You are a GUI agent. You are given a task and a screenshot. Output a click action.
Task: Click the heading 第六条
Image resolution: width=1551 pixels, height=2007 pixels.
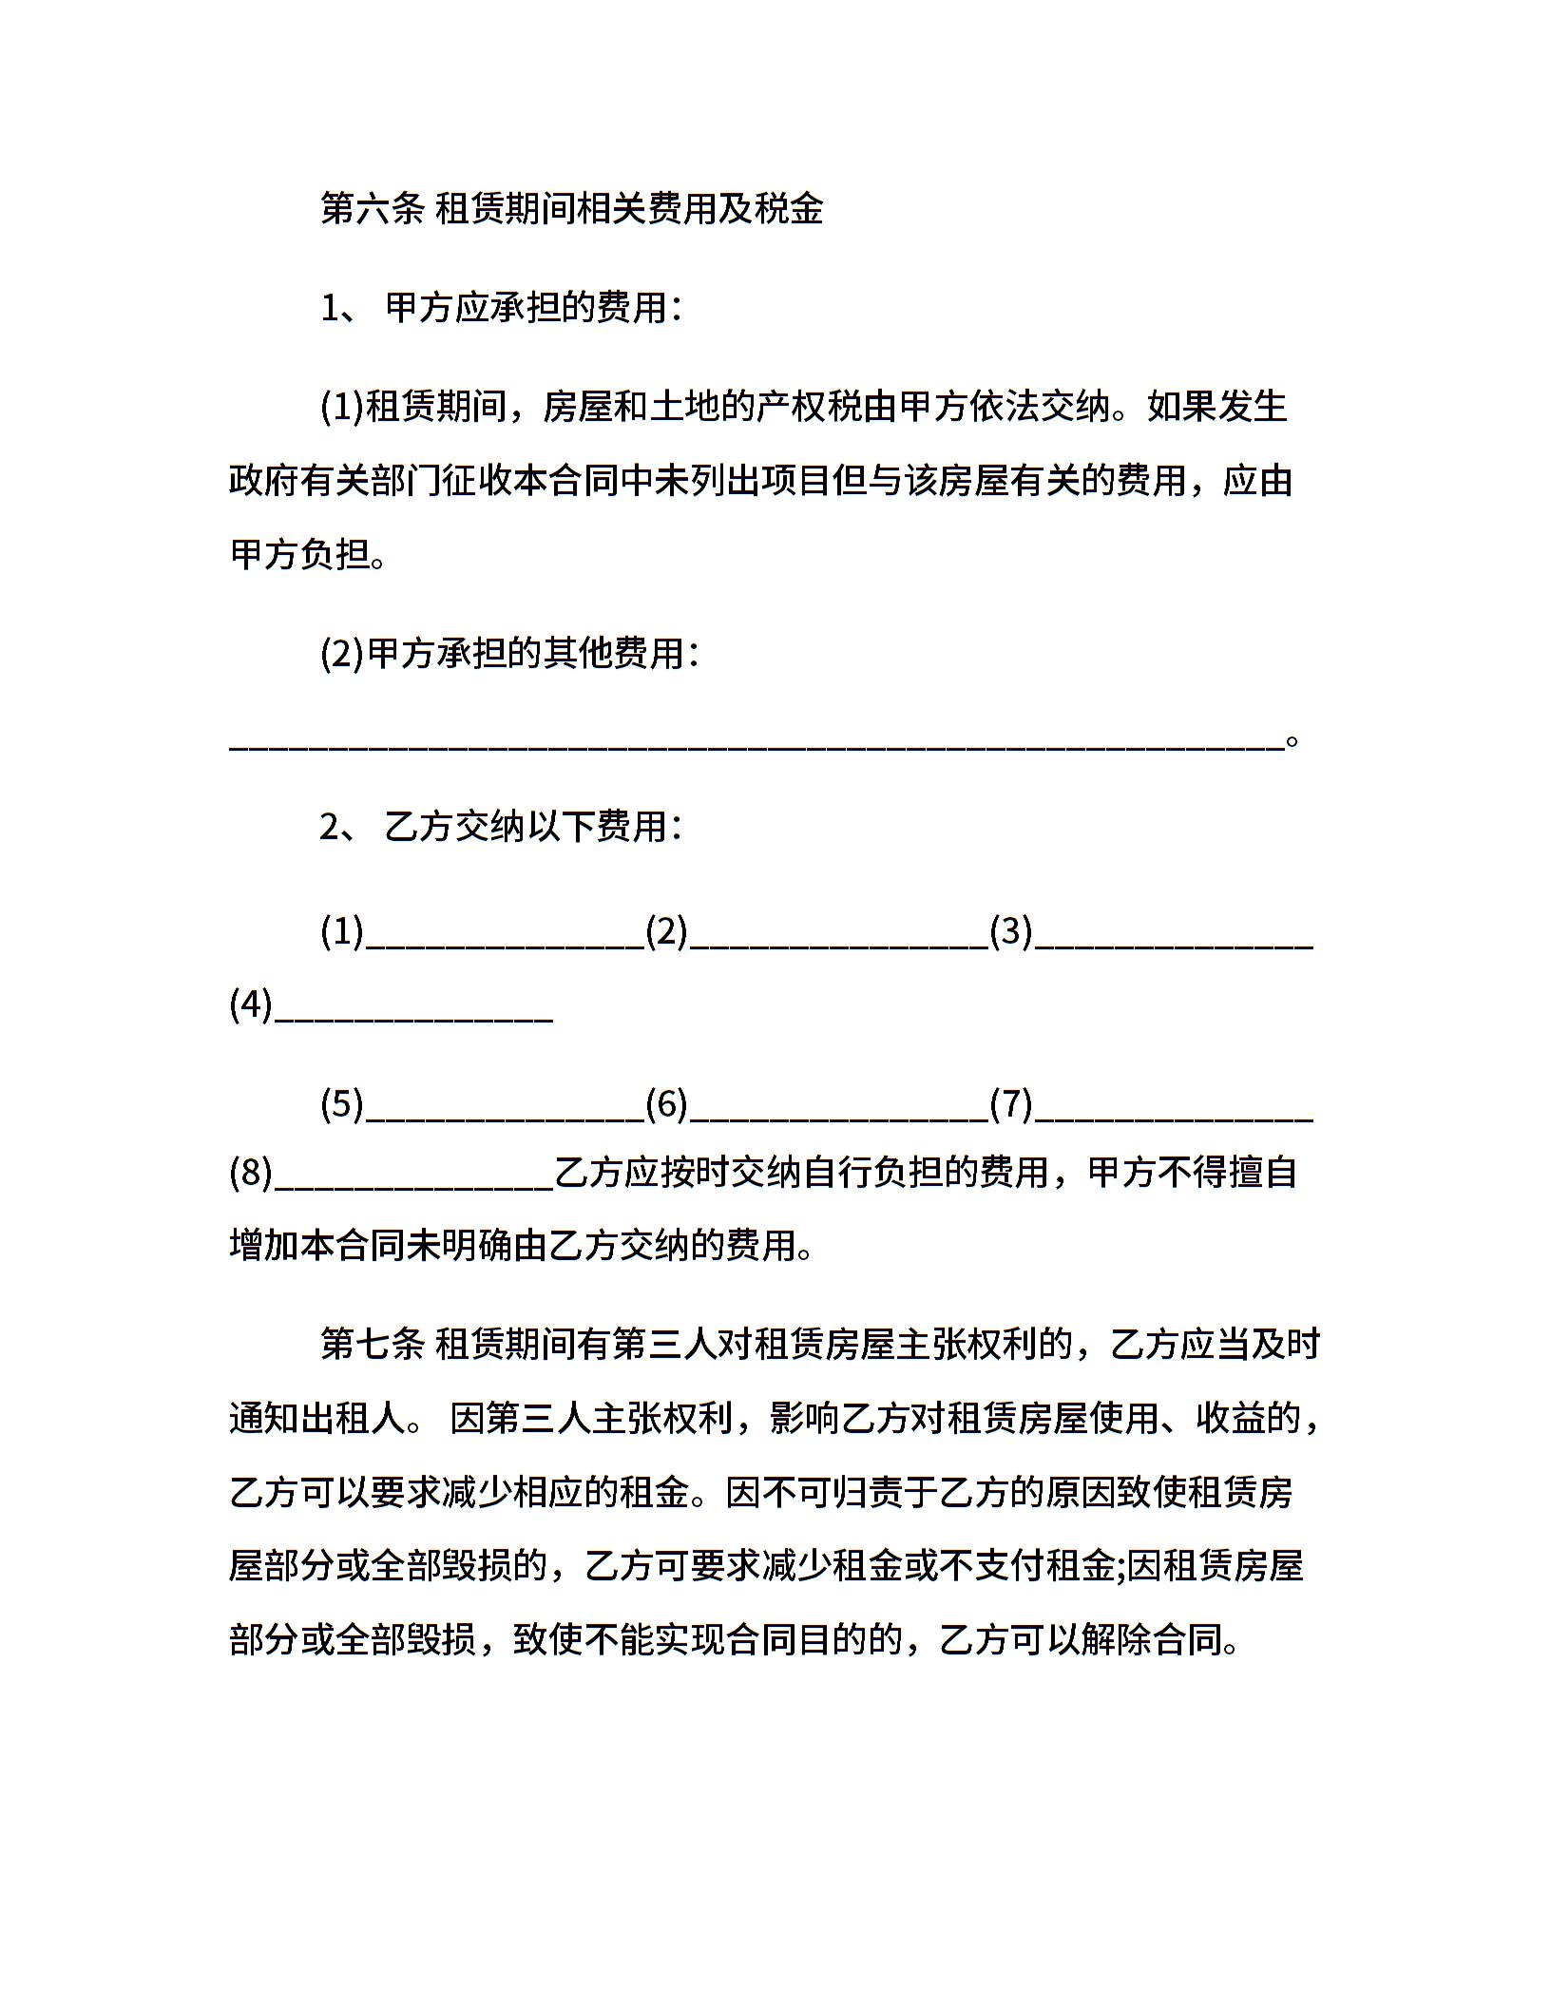372,209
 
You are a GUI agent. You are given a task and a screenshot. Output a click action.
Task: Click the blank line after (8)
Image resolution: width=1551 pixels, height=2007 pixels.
413,1186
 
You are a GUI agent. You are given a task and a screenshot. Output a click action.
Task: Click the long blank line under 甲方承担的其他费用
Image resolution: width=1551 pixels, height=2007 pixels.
756,747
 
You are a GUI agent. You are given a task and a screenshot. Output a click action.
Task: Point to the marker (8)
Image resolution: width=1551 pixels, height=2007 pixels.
251,1174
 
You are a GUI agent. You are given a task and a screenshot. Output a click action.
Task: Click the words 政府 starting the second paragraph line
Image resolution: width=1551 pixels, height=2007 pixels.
264,482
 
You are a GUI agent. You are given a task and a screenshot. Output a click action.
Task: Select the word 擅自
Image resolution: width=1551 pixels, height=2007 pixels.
1262,1174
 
